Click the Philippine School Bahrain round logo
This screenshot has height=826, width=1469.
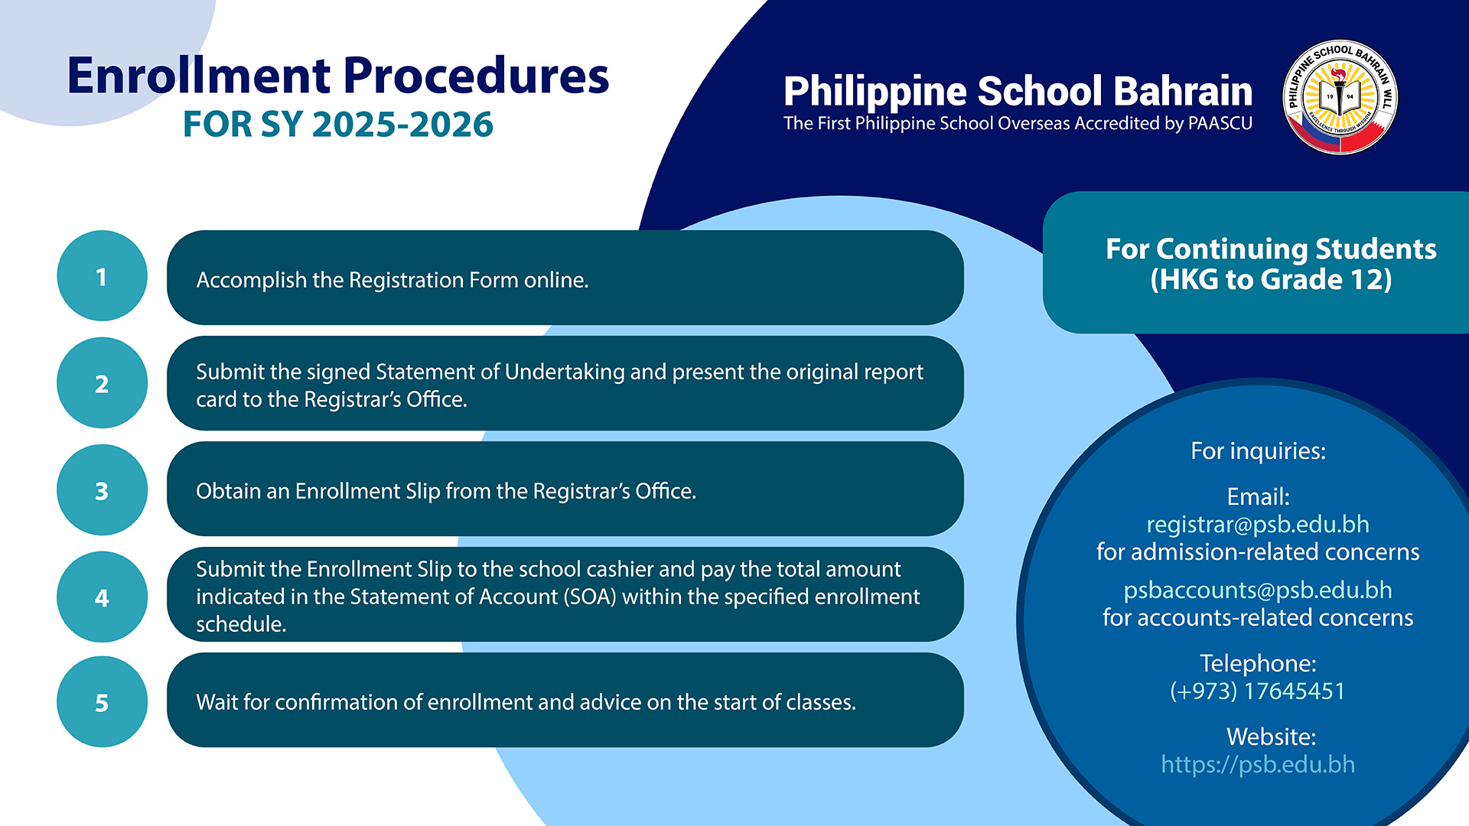(1340, 97)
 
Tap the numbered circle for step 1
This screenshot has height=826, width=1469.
(102, 276)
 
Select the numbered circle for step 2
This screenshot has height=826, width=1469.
(102, 383)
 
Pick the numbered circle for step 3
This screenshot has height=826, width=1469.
(102, 490)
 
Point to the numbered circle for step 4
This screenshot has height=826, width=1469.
(102, 597)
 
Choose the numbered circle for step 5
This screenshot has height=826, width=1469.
(102, 702)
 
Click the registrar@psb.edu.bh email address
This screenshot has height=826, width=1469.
(1258, 525)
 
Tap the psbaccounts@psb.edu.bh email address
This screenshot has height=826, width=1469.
(1258, 590)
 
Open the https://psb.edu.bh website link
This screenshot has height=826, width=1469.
(1258, 765)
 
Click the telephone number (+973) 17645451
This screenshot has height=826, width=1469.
(1258, 691)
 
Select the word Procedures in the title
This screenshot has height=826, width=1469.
(476, 76)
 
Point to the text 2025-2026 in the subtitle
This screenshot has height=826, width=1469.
(402, 125)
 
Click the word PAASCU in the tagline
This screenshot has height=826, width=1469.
(1220, 124)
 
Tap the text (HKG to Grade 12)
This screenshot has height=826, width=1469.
(1271, 280)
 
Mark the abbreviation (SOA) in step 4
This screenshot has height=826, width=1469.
(590, 597)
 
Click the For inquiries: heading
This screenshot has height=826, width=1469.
(1258, 451)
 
